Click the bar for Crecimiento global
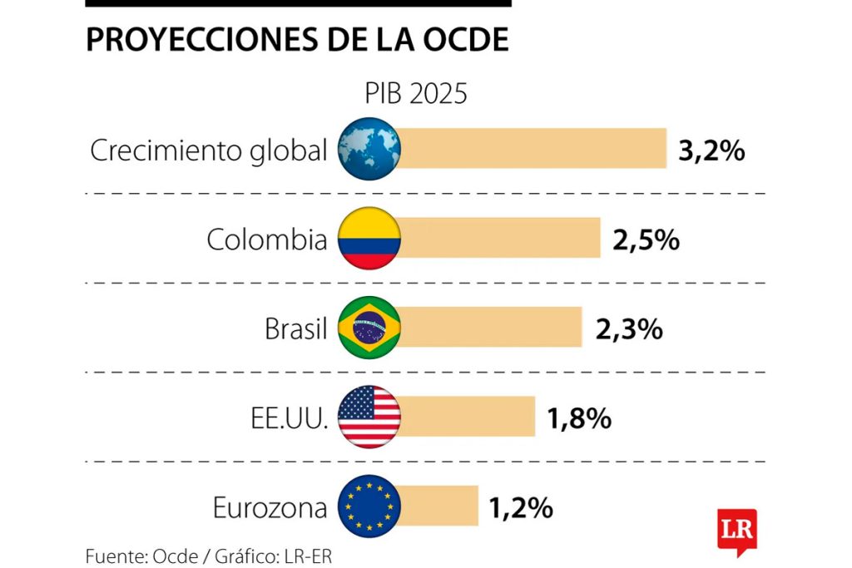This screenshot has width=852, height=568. click(x=532, y=149)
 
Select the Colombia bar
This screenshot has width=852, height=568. click(x=499, y=239)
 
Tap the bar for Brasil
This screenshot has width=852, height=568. click(x=490, y=327)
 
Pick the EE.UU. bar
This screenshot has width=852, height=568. click(x=467, y=417)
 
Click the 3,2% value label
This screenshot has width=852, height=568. click(x=711, y=151)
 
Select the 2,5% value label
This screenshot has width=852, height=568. click(x=646, y=240)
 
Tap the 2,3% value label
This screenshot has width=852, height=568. click(x=629, y=329)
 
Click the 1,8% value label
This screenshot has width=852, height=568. click(x=579, y=418)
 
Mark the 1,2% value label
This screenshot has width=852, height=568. click(x=521, y=507)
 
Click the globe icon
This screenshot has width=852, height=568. click(x=369, y=150)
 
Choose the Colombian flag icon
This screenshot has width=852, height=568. click(x=369, y=239)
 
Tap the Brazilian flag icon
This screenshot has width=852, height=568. click(x=369, y=328)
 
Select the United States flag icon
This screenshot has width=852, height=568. click(x=369, y=417)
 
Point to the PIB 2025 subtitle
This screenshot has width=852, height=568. click(x=416, y=94)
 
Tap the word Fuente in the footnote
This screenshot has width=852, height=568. click(x=115, y=555)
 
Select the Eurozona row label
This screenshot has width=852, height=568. click(x=270, y=507)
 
